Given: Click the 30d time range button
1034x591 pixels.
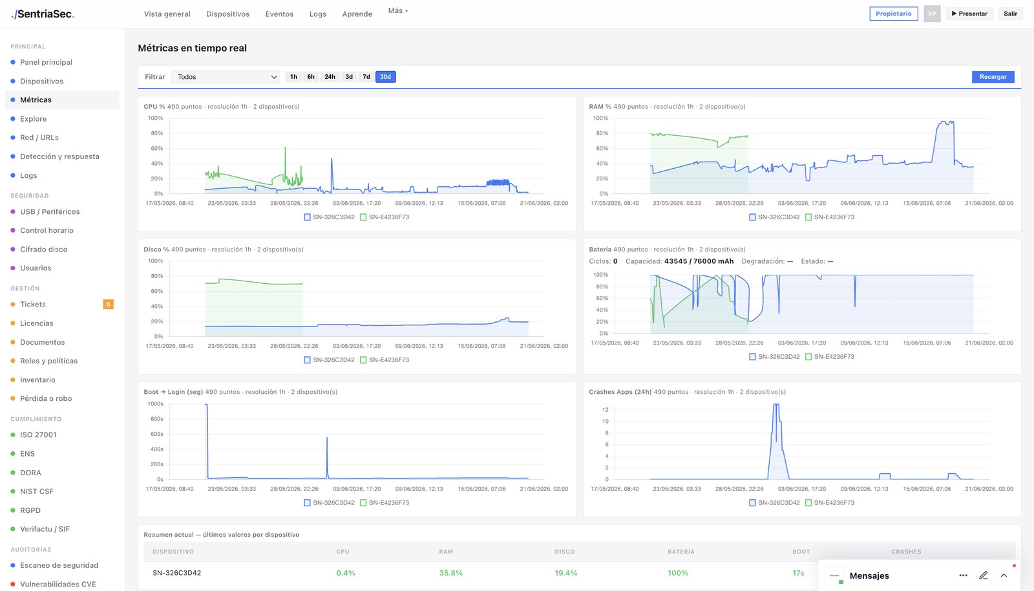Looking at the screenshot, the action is tap(385, 77).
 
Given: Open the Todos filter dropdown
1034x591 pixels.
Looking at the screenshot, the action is tap(226, 77).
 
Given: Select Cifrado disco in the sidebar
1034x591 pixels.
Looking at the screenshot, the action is tap(43, 250).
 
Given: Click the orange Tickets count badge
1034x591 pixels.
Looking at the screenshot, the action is tap(108, 305).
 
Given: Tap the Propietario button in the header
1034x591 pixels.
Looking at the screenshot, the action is tap(894, 14).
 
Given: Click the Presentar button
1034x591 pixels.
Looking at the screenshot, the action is tap(969, 14).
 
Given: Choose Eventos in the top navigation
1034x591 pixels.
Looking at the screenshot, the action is tap(279, 14).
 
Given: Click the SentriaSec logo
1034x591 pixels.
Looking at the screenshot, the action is tap(43, 14).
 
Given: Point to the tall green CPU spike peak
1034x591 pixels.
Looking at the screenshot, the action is tap(285, 147).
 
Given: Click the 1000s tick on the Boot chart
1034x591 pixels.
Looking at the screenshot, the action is tap(155, 403).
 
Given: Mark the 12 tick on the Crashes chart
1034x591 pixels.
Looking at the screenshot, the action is tap(605, 409).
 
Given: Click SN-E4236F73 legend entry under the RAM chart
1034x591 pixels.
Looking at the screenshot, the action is tap(830, 217).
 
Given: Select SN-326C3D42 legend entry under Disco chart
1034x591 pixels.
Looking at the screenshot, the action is tap(329, 360).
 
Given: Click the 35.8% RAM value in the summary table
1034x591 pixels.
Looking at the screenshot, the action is tap(450, 573).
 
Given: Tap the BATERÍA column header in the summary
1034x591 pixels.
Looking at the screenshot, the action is tap(681, 552).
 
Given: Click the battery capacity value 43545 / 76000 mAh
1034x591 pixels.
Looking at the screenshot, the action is tap(699, 261).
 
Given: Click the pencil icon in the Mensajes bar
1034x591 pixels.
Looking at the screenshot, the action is tap(983, 575).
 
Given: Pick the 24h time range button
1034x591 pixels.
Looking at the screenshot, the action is tap(330, 77).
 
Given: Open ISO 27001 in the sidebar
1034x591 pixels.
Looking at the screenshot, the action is tap(38, 435).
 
